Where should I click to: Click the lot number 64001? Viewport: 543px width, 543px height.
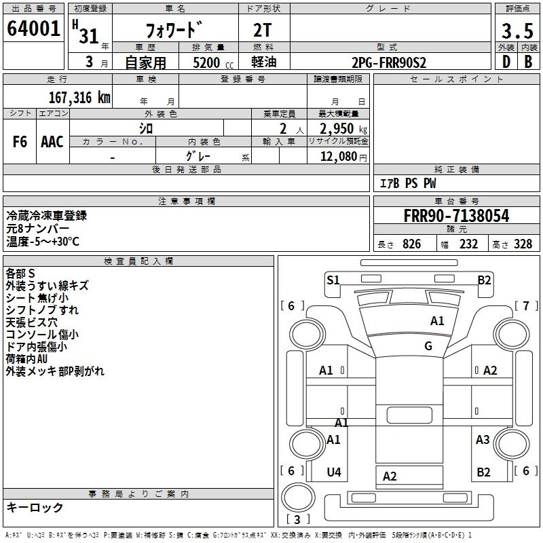33,29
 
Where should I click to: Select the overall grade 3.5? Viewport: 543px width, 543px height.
517,31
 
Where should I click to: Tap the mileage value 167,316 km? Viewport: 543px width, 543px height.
79,98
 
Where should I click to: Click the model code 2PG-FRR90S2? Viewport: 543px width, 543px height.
389,62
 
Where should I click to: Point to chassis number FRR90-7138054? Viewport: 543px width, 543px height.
456,216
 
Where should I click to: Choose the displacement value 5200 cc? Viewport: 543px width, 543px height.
213,62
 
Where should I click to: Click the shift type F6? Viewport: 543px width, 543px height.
20,142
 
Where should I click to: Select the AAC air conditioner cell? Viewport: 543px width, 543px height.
52,142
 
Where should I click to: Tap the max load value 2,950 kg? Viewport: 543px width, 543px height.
343,129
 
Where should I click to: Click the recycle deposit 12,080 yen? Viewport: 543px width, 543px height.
343,157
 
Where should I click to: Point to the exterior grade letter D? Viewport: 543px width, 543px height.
506,62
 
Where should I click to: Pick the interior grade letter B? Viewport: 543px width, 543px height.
528,62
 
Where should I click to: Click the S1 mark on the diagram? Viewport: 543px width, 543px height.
333,280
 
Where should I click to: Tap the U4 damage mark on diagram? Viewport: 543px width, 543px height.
334,472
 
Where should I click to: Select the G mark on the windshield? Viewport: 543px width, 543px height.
428,346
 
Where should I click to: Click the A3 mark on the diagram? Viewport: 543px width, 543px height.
483,439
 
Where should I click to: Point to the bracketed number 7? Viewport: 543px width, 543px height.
526,306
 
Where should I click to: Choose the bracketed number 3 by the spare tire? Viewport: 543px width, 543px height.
297,519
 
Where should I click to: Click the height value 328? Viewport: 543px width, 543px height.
523,244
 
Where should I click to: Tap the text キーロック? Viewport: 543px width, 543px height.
35,507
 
